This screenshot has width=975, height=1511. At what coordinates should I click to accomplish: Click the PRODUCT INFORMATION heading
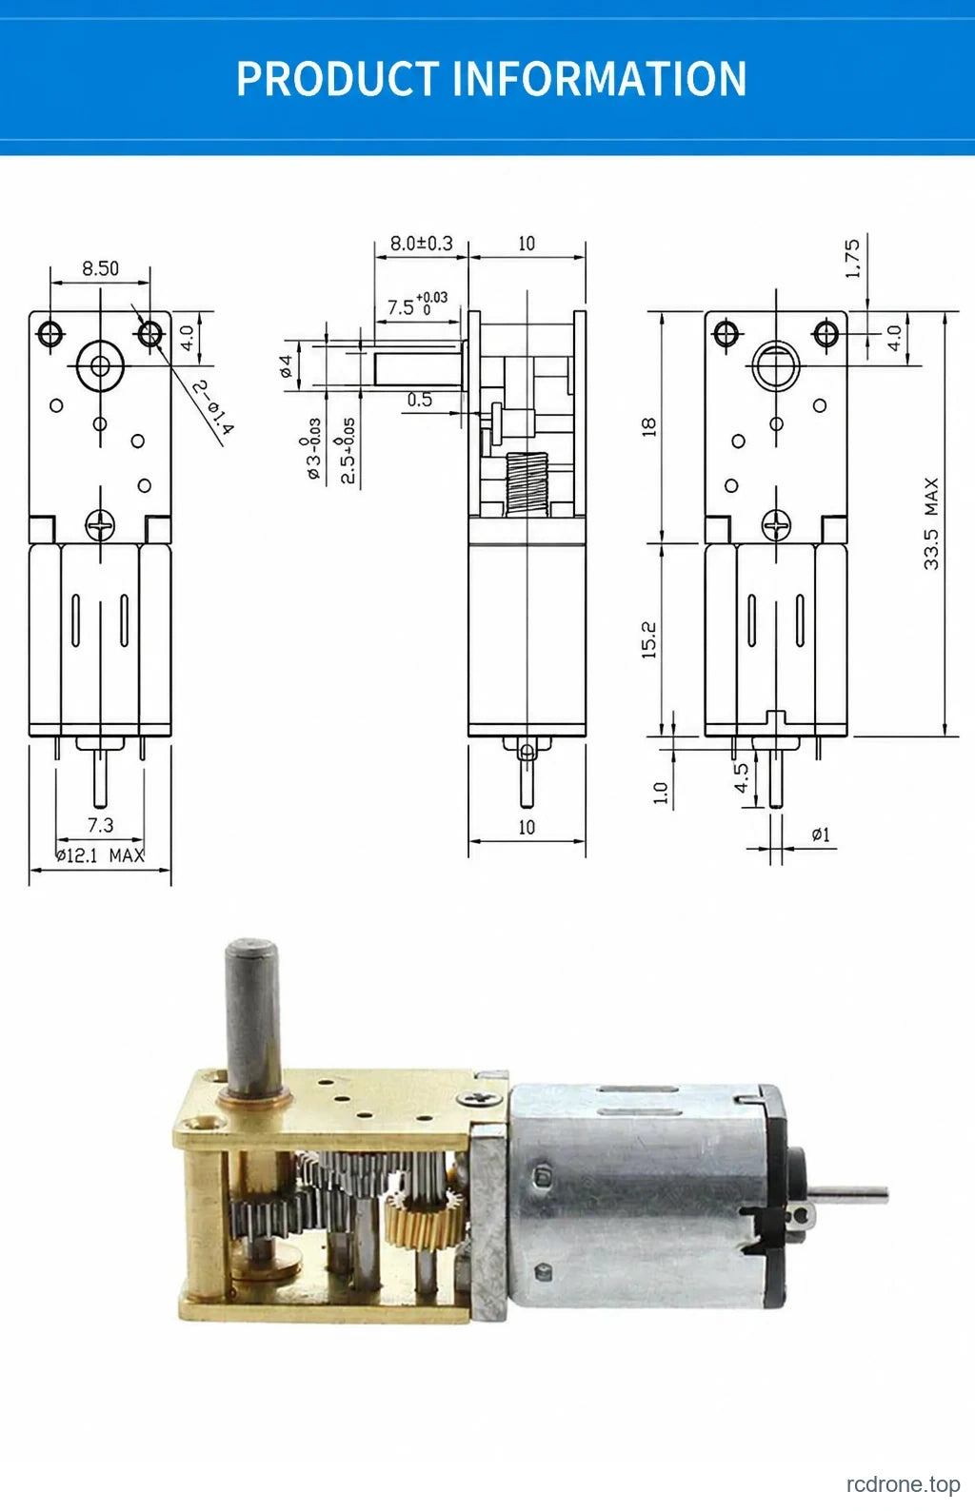point(491,79)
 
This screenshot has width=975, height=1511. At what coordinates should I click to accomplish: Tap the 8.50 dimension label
point(101,268)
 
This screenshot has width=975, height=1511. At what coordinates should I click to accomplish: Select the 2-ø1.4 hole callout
point(212,407)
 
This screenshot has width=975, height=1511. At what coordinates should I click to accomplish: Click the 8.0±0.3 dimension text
point(422,243)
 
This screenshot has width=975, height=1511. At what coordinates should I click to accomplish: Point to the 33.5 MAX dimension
point(931,524)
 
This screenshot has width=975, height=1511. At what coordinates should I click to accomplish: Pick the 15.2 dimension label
point(648,640)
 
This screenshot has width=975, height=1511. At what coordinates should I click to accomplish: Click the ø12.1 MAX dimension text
point(100,855)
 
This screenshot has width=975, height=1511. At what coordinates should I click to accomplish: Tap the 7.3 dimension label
point(101,824)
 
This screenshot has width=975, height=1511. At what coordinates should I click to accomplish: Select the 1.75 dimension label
point(853,258)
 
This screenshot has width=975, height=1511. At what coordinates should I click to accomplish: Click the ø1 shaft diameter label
point(821,834)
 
